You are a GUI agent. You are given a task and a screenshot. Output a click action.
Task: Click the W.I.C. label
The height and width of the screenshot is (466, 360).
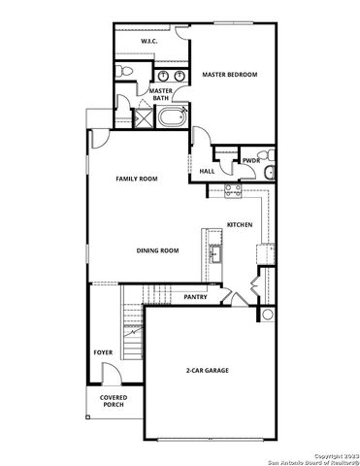[x=148, y=42]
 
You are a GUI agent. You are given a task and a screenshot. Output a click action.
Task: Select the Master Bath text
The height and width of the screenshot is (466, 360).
[x=160, y=94]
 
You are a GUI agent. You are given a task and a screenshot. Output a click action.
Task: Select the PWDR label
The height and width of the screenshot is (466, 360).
[x=250, y=160]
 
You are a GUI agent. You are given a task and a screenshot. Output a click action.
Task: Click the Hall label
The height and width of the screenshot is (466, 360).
[x=207, y=171]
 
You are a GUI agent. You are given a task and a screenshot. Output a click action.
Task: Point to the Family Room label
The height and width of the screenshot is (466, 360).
[x=136, y=179]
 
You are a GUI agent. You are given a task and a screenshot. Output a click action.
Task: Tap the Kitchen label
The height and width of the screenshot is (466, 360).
[x=240, y=224]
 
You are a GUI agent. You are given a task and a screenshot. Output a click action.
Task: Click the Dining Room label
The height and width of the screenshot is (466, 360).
[x=157, y=250]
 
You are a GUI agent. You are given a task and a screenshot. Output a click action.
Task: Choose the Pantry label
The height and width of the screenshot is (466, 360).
[x=195, y=297]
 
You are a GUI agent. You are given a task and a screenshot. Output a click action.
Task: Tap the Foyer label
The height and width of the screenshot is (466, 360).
[x=103, y=352]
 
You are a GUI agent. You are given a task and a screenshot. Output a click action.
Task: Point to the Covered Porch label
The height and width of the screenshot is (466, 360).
[x=114, y=400]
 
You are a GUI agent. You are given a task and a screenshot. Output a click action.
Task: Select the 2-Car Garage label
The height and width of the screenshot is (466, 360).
[x=208, y=371]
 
